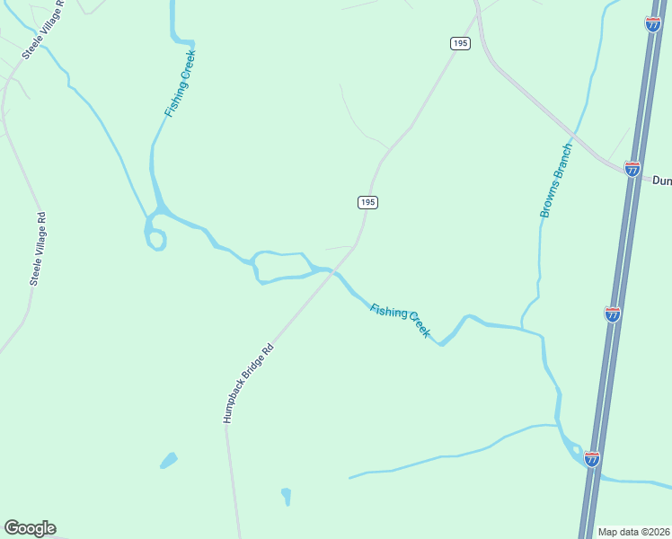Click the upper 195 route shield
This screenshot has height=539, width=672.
point(460,43)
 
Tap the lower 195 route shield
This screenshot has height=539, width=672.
point(367,202)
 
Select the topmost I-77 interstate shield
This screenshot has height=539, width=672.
point(652,24)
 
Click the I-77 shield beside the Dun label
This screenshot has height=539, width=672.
point(632,168)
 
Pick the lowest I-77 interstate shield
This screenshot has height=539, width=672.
point(591,459)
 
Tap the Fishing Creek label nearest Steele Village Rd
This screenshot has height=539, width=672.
point(180,84)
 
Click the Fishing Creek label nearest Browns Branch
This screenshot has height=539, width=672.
point(401,319)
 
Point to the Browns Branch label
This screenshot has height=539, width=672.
point(555,181)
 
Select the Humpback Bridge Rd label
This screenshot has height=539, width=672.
point(247,383)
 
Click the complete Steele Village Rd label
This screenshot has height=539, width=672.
point(37,249)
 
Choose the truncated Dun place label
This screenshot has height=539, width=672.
point(661,181)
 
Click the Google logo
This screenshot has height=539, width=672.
point(30,528)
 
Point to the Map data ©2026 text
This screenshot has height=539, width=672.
point(634,531)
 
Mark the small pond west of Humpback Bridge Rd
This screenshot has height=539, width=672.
point(168,461)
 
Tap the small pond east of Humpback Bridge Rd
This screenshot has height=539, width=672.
point(286,496)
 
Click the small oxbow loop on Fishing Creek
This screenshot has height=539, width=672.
point(156,240)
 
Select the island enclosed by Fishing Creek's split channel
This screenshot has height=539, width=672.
point(280,267)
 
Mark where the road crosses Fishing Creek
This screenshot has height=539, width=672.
point(333,270)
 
